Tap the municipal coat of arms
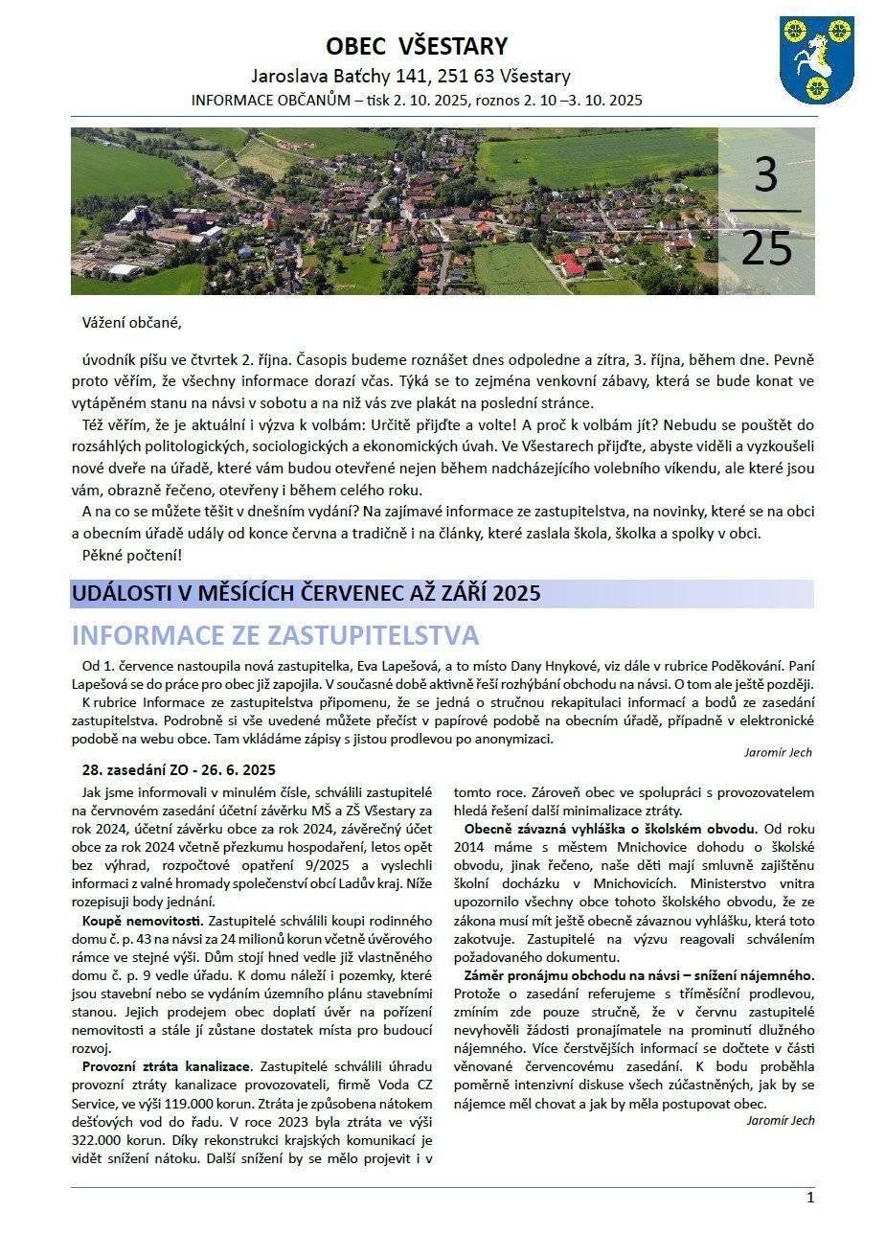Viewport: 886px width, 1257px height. point(817,58)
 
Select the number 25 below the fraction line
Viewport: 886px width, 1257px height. point(766,247)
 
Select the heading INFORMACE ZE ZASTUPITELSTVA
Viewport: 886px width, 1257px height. point(275,635)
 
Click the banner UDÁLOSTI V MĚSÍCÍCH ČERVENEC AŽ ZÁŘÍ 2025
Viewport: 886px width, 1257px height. point(306,593)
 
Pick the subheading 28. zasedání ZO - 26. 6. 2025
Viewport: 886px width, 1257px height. point(179,769)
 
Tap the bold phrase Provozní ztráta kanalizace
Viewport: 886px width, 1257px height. point(167,1066)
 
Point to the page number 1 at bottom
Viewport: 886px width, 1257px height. point(810,1198)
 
